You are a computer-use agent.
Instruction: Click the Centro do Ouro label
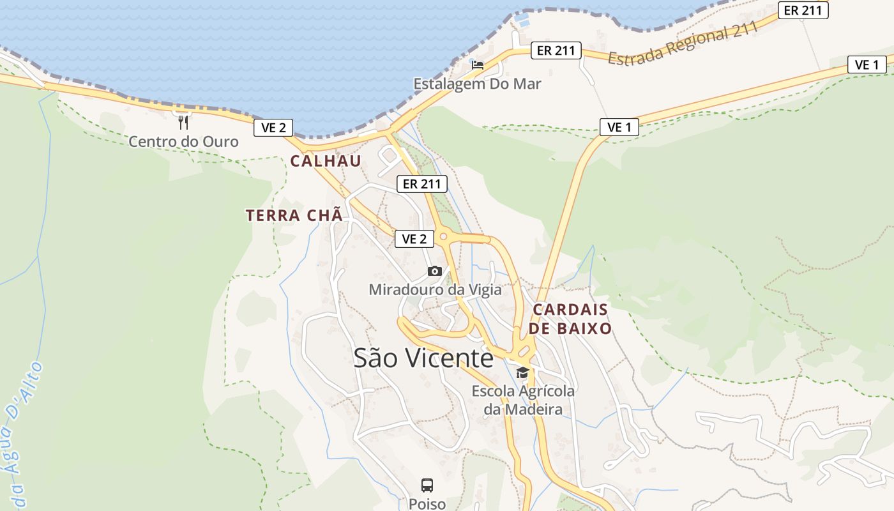[183, 141]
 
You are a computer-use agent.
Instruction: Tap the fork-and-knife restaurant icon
[183, 121]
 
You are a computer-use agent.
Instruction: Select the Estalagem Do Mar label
[477, 84]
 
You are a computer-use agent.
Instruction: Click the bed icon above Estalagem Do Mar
[477, 65]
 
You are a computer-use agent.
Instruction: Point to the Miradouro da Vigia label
[435, 290]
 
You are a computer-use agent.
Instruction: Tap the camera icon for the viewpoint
[435, 271]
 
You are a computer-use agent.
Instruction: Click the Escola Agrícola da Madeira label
[523, 400]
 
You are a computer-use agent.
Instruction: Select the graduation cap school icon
[522, 373]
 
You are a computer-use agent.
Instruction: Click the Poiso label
[427, 504]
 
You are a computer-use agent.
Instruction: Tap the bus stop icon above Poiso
[427, 485]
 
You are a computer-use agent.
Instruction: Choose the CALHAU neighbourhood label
[326, 161]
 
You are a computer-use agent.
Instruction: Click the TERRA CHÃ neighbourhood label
[294, 215]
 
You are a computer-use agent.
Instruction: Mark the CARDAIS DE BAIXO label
[570, 319]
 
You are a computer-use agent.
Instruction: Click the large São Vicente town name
[423, 358]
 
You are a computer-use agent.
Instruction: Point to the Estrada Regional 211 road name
[683, 43]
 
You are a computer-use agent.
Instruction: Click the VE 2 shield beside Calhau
[273, 128]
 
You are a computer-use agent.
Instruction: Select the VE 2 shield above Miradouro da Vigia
[414, 239]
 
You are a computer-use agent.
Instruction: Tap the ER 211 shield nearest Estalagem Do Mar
[556, 50]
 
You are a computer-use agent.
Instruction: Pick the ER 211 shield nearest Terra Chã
[422, 184]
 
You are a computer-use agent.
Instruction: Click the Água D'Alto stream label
[23, 434]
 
